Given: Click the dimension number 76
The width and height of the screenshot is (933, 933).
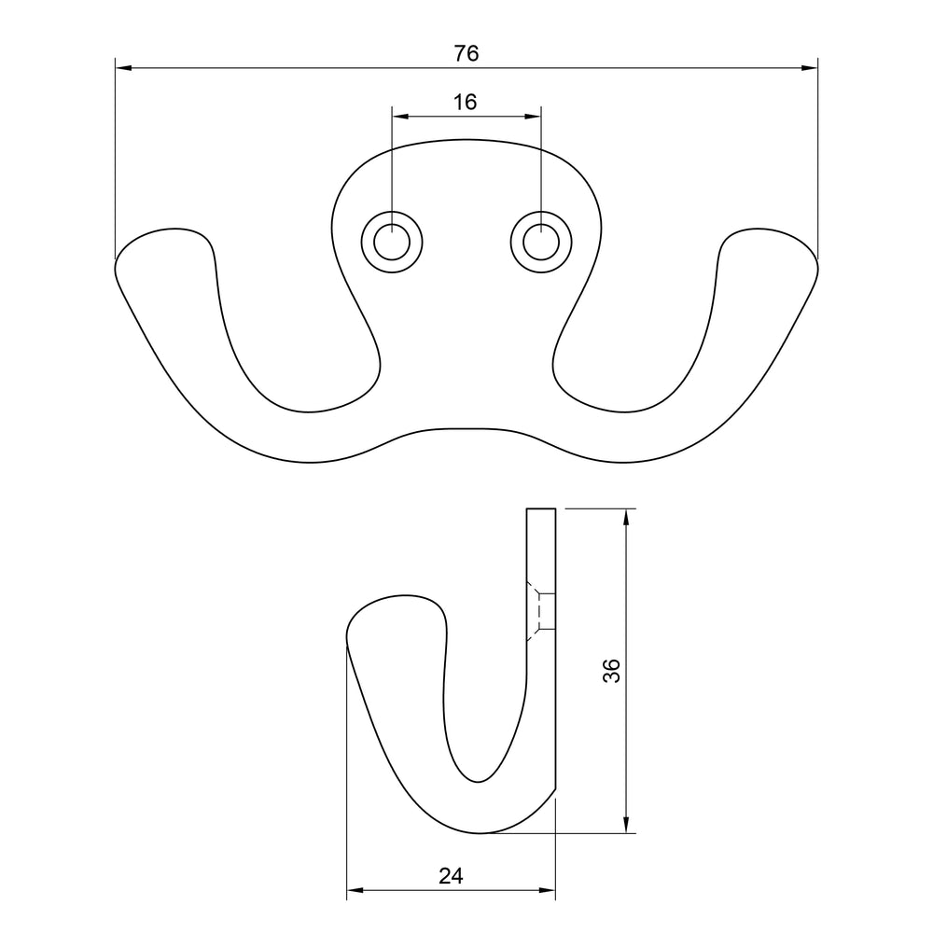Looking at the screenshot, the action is pyautogui.click(x=466, y=53).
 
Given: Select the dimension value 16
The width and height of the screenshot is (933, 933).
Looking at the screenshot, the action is pyautogui.click(x=465, y=103).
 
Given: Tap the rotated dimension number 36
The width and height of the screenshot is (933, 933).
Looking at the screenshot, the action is pyautogui.click(x=612, y=671).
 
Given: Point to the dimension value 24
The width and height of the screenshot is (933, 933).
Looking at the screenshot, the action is pyautogui.click(x=451, y=876).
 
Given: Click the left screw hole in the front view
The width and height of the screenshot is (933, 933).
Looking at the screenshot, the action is pyautogui.click(x=392, y=243).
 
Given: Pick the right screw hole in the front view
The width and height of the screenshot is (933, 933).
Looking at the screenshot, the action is pyautogui.click(x=541, y=243).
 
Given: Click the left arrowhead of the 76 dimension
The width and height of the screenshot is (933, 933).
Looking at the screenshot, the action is pyautogui.click(x=123, y=68).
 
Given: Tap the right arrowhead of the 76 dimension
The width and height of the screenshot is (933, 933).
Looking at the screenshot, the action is pyautogui.click(x=810, y=68).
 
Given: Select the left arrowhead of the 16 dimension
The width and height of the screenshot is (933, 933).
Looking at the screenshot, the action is pyautogui.click(x=400, y=117).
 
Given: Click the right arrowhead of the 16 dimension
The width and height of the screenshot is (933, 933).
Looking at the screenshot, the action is pyautogui.click(x=533, y=117).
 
